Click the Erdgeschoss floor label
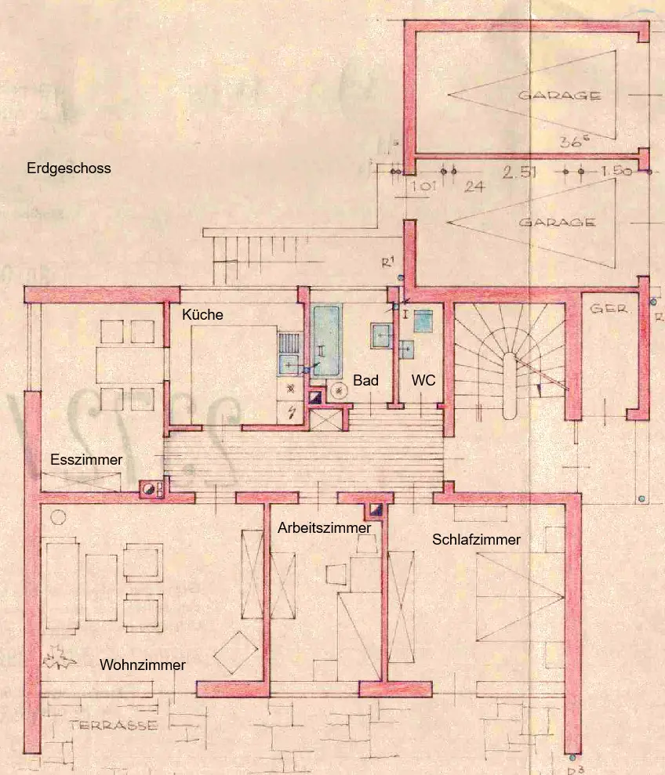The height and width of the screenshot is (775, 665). [x=69, y=168]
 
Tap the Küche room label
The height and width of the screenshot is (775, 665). [x=202, y=315]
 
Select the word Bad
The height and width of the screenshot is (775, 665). [x=365, y=381]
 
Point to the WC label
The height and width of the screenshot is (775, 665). [x=423, y=381]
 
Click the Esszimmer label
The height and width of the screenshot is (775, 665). [x=86, y=460]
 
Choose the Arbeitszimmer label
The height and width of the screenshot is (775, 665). [x=324, y=528]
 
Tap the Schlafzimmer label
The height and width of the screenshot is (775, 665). [x=477, y=540]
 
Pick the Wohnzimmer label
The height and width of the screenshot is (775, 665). [x=143, y=665]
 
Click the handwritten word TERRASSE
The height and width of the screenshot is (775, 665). [x=113, y=725]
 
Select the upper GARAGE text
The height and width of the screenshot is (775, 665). [x=560, y=96]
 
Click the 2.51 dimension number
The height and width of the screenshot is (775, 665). [x=520, y=172]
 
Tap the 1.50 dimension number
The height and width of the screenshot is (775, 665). [x=616, y=172]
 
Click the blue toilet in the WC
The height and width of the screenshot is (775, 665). [x=424, y=321]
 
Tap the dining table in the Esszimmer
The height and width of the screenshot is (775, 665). [x=120, y=366]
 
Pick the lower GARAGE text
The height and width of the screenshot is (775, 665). [x=557, y=223]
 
